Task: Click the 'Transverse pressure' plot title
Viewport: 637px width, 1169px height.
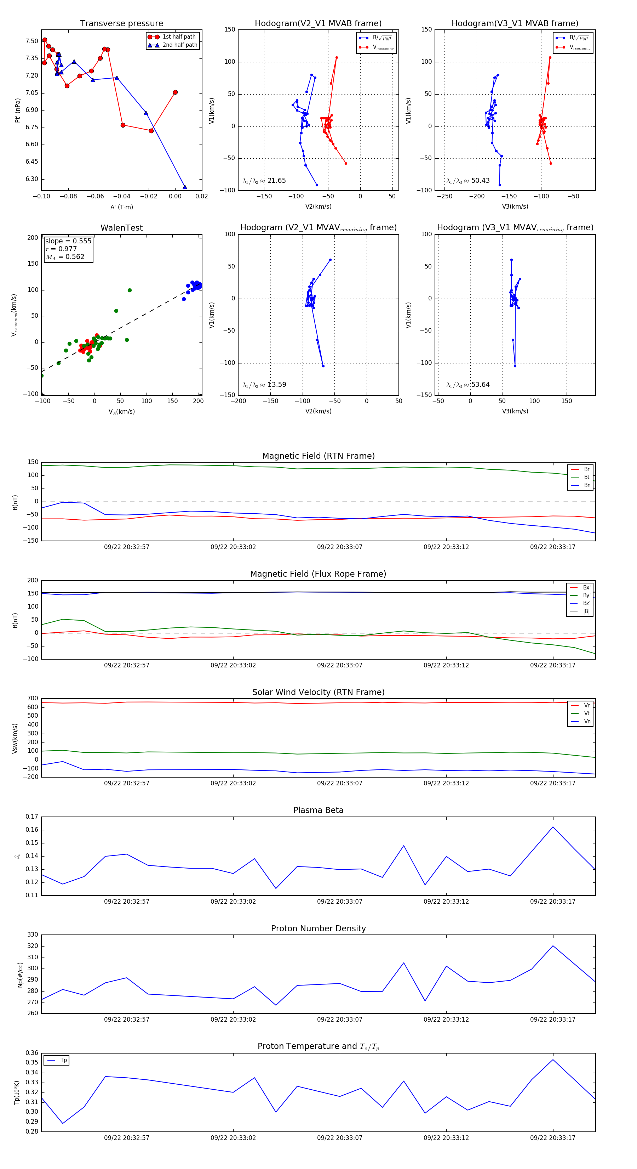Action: pyautogui.click(x=121, y=24)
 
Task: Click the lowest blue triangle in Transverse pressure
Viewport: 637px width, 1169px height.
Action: pyautogui.click(x=184, y=187)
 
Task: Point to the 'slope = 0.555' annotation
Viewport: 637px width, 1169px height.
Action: pyautogui.click(x=68, y=241)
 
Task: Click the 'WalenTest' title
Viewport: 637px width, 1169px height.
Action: pyautogui.click(x=121, y=228)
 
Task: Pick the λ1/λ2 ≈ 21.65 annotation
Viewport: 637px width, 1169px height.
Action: pyautogui.click(x=264, y=181)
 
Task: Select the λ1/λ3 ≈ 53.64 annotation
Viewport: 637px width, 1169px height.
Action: pyautogui.click(x=468, y=385)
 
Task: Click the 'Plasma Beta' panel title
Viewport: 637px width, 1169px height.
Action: pyautogui.click(x=318, y=811)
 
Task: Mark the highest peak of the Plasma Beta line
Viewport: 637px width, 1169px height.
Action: pyautogui.click(x=553, y=827)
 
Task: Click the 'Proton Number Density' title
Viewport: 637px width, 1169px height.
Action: pyautogui.click(x=318, y=928)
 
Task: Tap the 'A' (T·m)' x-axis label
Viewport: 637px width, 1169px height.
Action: pyautogui.click(x=121, y=207)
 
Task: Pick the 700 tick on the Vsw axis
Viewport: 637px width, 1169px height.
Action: pyautogui.click(x=33, y=699)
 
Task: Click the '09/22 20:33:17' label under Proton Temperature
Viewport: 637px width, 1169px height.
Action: pyautogui.click(x=553, y=1138)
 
